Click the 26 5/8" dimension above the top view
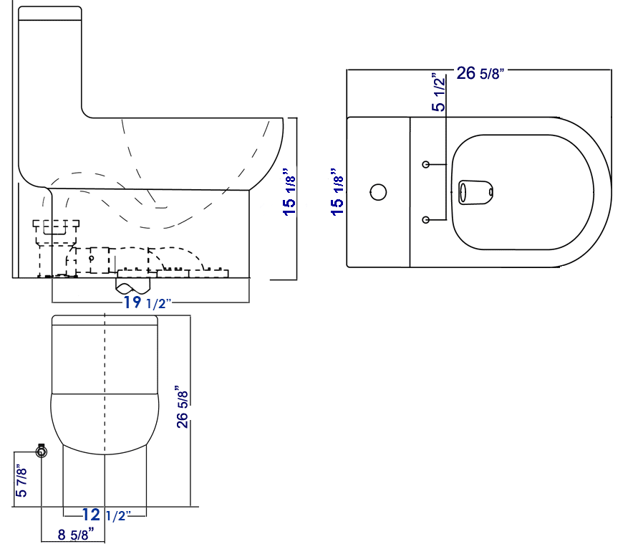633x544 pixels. [480, 73]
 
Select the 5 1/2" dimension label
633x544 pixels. [438, 92]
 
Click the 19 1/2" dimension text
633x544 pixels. [147, 303]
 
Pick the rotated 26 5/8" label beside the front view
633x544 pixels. [183, 409]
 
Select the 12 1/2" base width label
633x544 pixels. [106, 515]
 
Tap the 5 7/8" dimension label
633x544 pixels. [22, 482]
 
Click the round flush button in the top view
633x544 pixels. [378, 192]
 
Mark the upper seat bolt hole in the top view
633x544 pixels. [426, 165]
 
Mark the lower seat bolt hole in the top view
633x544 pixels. [426, 219]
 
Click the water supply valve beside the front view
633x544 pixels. [42, 451]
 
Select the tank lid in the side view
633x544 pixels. [49, 14]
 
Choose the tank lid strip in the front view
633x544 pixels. [105, 320]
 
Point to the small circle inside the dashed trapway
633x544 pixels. [92, 257]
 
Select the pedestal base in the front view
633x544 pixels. [105, 480]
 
